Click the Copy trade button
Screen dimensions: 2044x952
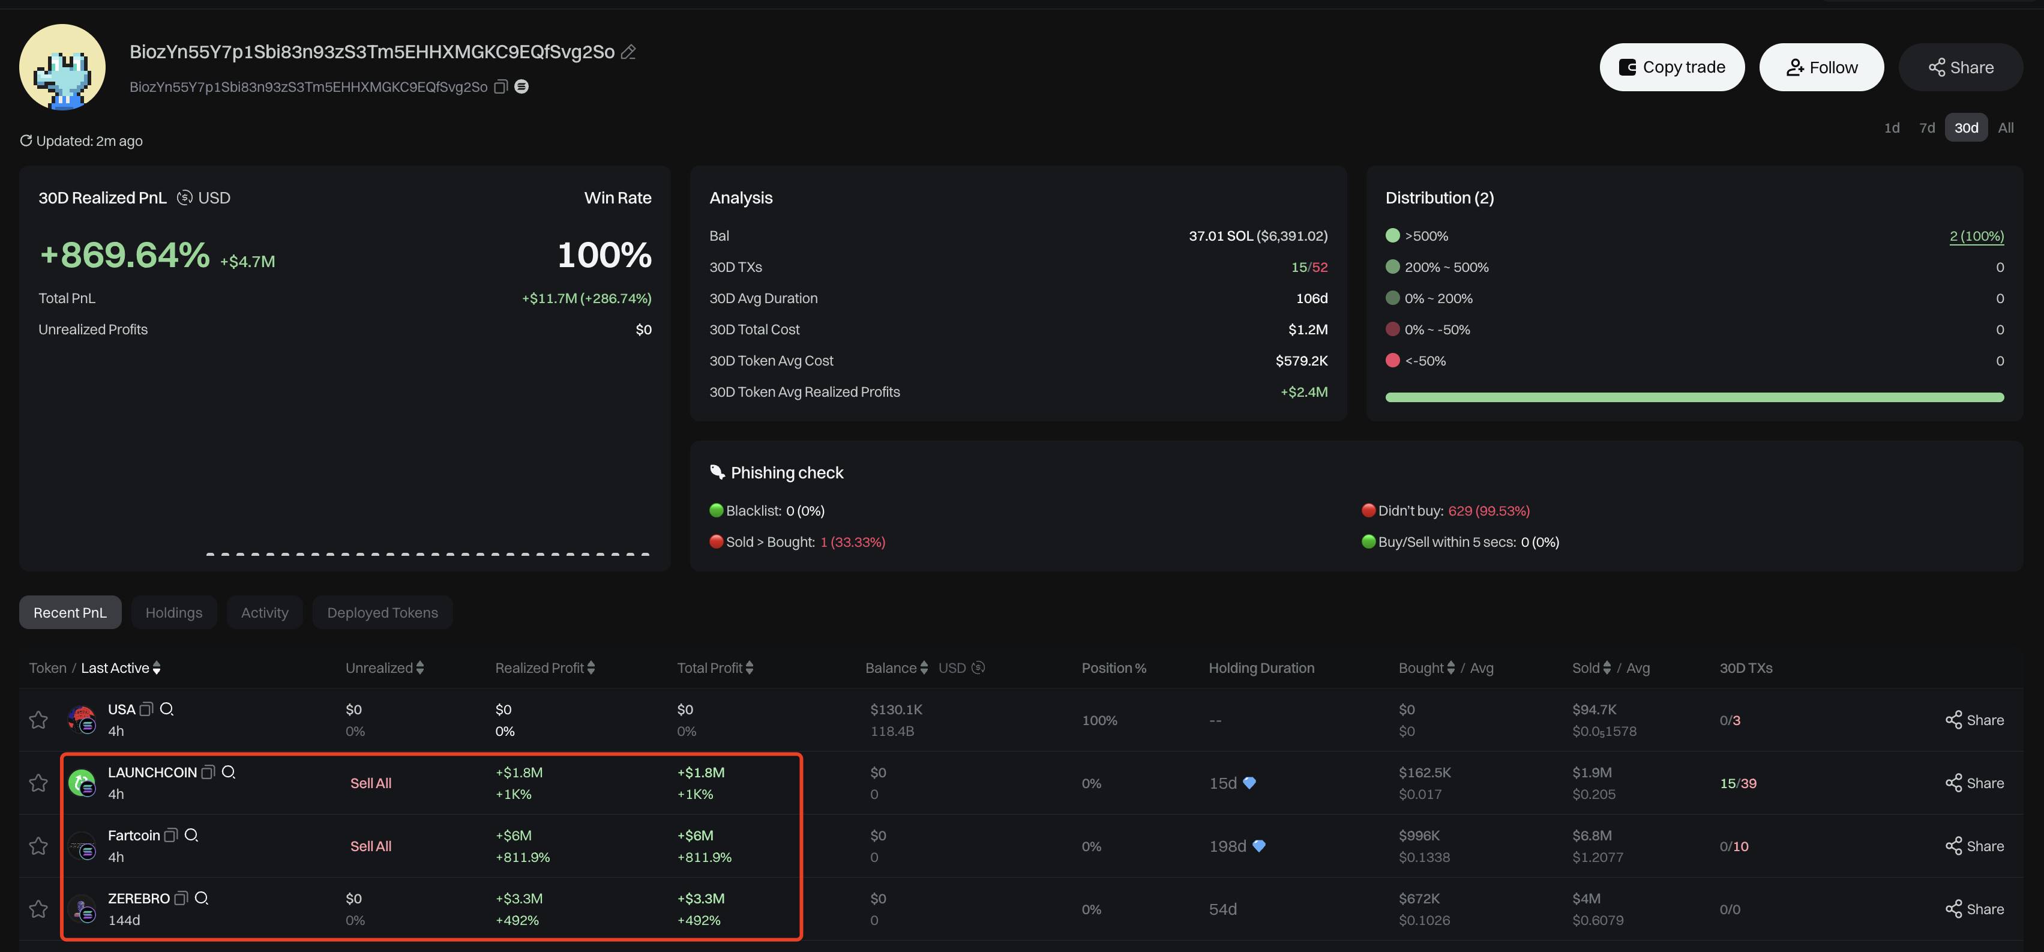1672,67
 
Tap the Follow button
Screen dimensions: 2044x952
1821,67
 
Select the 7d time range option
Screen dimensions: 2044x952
1926,128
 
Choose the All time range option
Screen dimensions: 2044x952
2005,128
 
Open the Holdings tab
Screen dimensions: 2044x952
174,612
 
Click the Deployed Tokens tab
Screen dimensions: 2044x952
382,612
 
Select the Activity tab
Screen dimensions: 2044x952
264,612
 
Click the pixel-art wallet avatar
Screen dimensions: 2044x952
62,67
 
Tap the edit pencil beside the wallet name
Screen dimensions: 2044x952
628,52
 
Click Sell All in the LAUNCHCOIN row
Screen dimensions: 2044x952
370,783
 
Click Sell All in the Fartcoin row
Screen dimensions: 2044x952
370,846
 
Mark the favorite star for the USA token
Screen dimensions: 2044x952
38,720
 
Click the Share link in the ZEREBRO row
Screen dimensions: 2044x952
1974,909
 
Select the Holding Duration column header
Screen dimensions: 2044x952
1261,668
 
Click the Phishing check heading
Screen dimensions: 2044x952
786,473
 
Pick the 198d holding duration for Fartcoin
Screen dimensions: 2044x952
1227,846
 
